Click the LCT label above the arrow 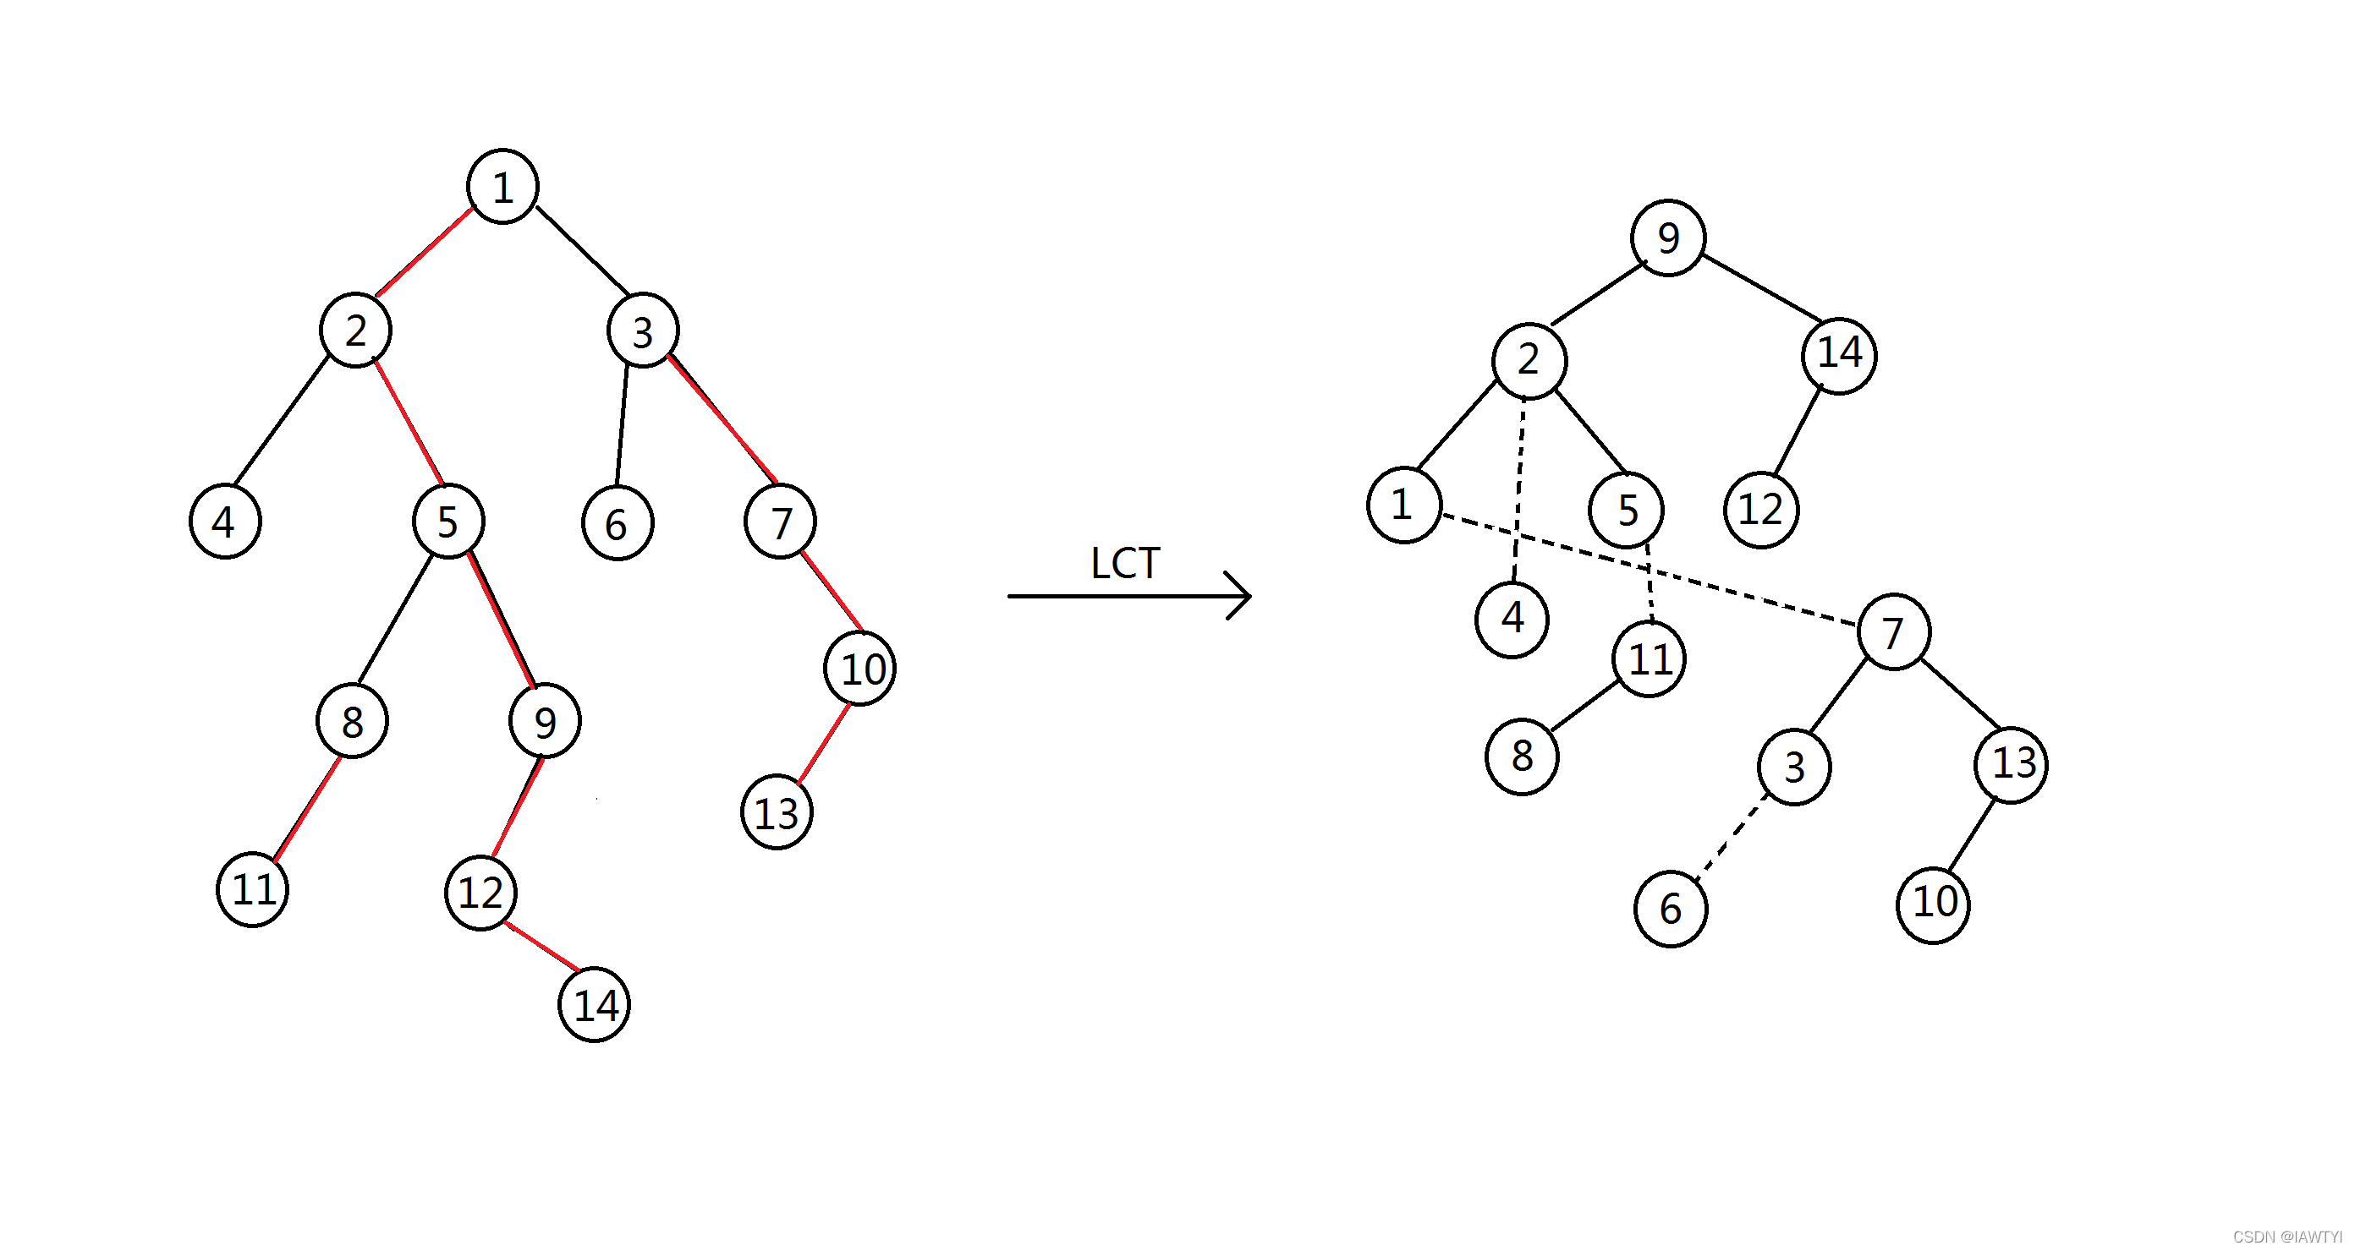[x=1124, y=563]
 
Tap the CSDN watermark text [x=2286, y=1237]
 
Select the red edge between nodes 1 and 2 [x=424, y=252]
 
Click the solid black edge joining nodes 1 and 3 [x=582, y=250]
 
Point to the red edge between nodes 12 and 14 [x=541, y=947]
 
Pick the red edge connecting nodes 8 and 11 [x=307, y=809]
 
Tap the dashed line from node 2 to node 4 [x=1519, y=489]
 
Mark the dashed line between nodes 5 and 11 [x=1650, y=583]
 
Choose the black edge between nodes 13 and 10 [x=1971, y=835]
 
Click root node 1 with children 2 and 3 [x=502, y=187]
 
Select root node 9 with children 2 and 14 [x=1667, y=238]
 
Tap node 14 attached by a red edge [x=594, y=1004]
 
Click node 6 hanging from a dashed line [x=1671, y=909]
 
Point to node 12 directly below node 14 [x=1761, y=509]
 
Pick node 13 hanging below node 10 [x=777, y=812]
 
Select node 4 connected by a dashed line [x=1512, y=619]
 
